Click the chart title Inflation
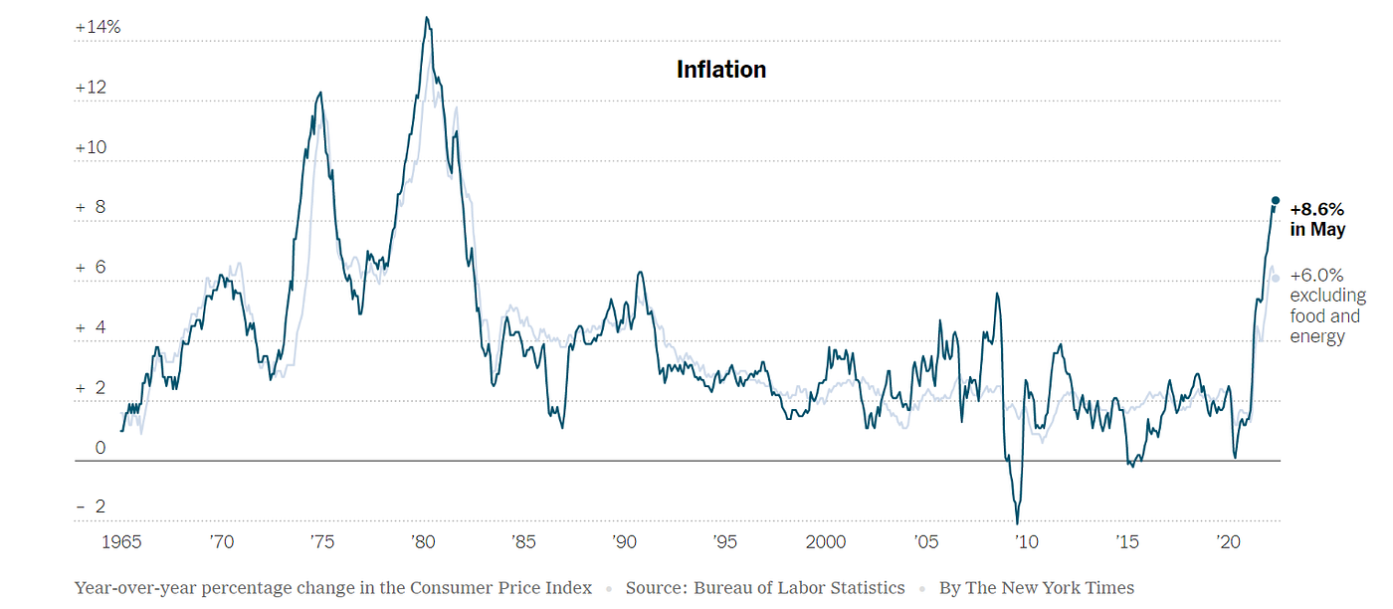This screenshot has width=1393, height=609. (721, 70)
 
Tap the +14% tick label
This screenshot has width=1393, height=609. (98, 28)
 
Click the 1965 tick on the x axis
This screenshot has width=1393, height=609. (121, 542)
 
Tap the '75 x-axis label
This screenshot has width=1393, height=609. (321, 542)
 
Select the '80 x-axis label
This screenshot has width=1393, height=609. (422, 542)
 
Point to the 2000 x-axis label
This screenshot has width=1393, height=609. (826, 542)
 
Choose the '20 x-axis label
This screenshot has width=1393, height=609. (1227, 542)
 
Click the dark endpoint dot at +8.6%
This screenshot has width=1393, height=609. (1276, 201)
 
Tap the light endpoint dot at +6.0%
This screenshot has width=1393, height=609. (1276, 279)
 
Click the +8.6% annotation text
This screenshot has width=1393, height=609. (1316, 210)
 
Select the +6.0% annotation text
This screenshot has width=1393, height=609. (1316, 276)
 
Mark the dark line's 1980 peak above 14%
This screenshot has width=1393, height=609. (427, 18)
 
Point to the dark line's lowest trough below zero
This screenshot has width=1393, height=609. (1017, 522)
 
